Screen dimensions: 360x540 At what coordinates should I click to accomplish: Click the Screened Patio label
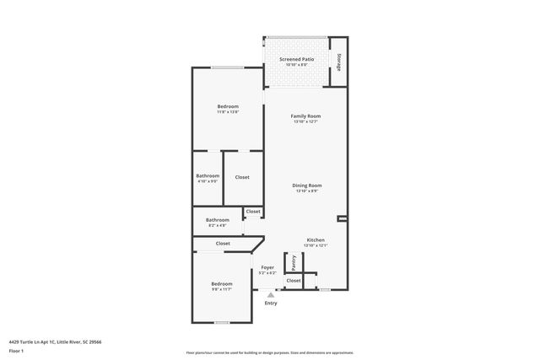[x=296, y=60]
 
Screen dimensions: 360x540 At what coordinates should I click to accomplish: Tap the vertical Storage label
[x=338, y=62]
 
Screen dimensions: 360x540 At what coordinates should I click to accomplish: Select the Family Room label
[x=306, y=116]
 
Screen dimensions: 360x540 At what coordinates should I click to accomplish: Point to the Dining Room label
[x=307, y=185]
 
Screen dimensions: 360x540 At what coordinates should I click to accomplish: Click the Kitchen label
[x=316, y=239]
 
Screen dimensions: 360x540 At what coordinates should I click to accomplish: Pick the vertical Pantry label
[x=294, y=262]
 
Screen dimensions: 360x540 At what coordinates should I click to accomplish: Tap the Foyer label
[x=267, y=267]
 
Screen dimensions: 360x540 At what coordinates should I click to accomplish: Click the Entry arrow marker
[x=270, y=294]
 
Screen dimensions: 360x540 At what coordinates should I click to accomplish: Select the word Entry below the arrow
[x=270, y=303]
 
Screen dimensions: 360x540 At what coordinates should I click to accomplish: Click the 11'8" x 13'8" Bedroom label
[x=228, y=106]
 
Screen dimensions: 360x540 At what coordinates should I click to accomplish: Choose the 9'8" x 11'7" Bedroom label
[x=221, y=283]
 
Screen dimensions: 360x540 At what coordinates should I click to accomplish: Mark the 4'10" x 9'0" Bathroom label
[x=208, y=176]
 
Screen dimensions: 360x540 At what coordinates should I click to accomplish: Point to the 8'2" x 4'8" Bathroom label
[x=217, y=220]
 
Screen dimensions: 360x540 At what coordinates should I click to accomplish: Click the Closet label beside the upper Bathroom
[x=242, y=177]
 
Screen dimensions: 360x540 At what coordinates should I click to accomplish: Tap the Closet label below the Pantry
[x=293, y=280]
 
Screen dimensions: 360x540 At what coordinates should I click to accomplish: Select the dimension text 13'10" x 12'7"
[x=306, y=122]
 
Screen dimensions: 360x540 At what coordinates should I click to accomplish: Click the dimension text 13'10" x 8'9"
[x=307, y=191]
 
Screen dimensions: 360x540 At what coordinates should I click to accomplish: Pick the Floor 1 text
[x=16, y=350]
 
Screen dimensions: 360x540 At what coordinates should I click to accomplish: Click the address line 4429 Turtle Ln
[x=54, y=342]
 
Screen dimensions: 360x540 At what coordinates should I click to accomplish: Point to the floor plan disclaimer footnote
[x=269, y=353]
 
